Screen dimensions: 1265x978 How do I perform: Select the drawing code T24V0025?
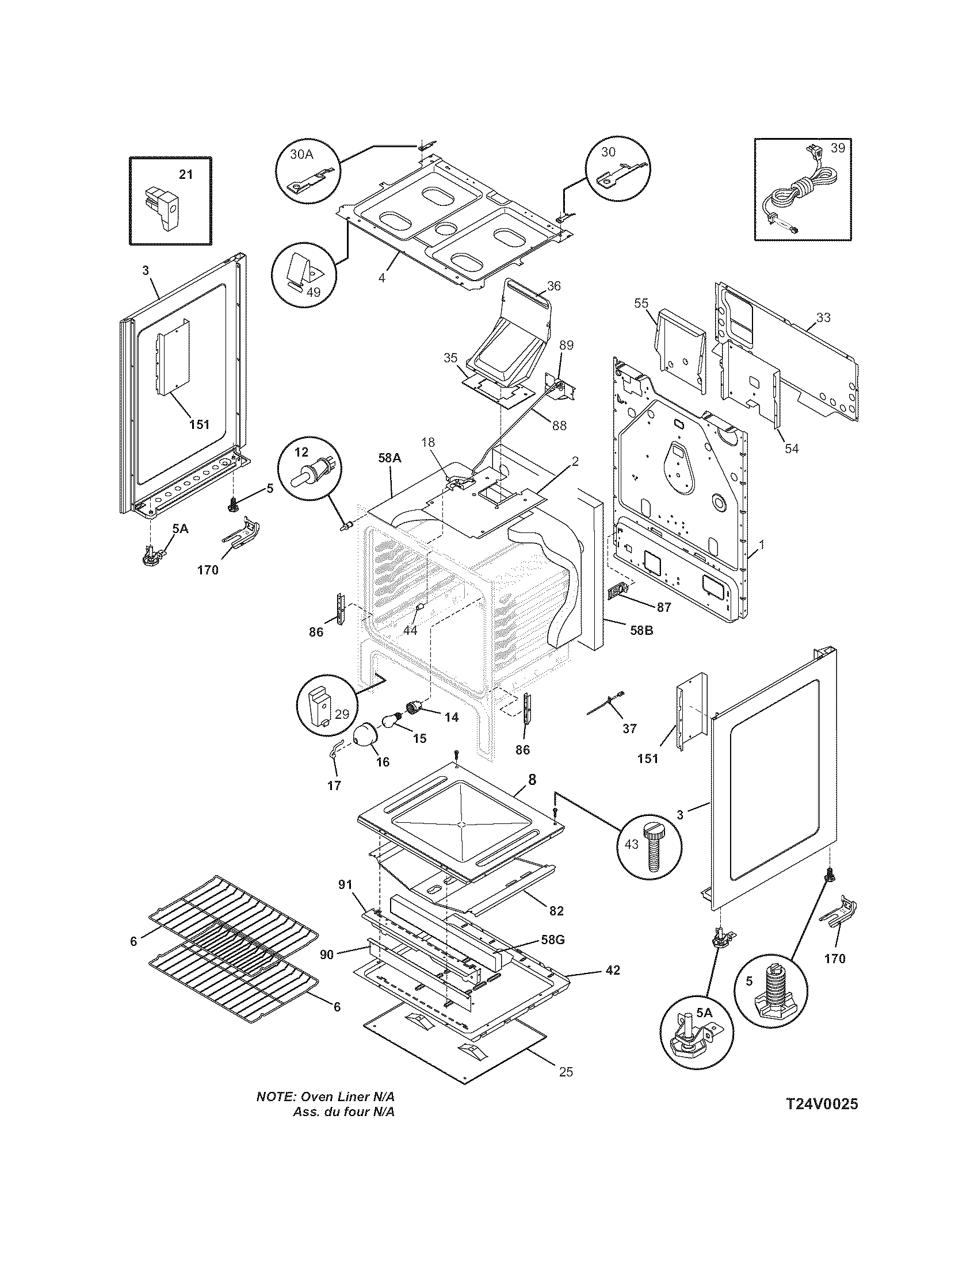(x=822, y=1104)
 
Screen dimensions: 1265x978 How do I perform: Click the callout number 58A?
(x=389, y=458)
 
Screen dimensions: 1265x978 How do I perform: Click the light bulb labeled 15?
(x=392, y=721)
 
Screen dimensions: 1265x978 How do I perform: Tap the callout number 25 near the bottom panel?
(x=566, y=1072)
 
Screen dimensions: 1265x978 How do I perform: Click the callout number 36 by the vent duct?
(x=554, y=286)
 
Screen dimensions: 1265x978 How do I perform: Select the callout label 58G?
(x=552, y=940)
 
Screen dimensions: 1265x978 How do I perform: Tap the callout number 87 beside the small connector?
(x=663, y=607)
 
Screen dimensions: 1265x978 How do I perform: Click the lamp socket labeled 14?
(x=413, y=708)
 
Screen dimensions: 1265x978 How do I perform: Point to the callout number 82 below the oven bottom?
(x=556, y=911)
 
